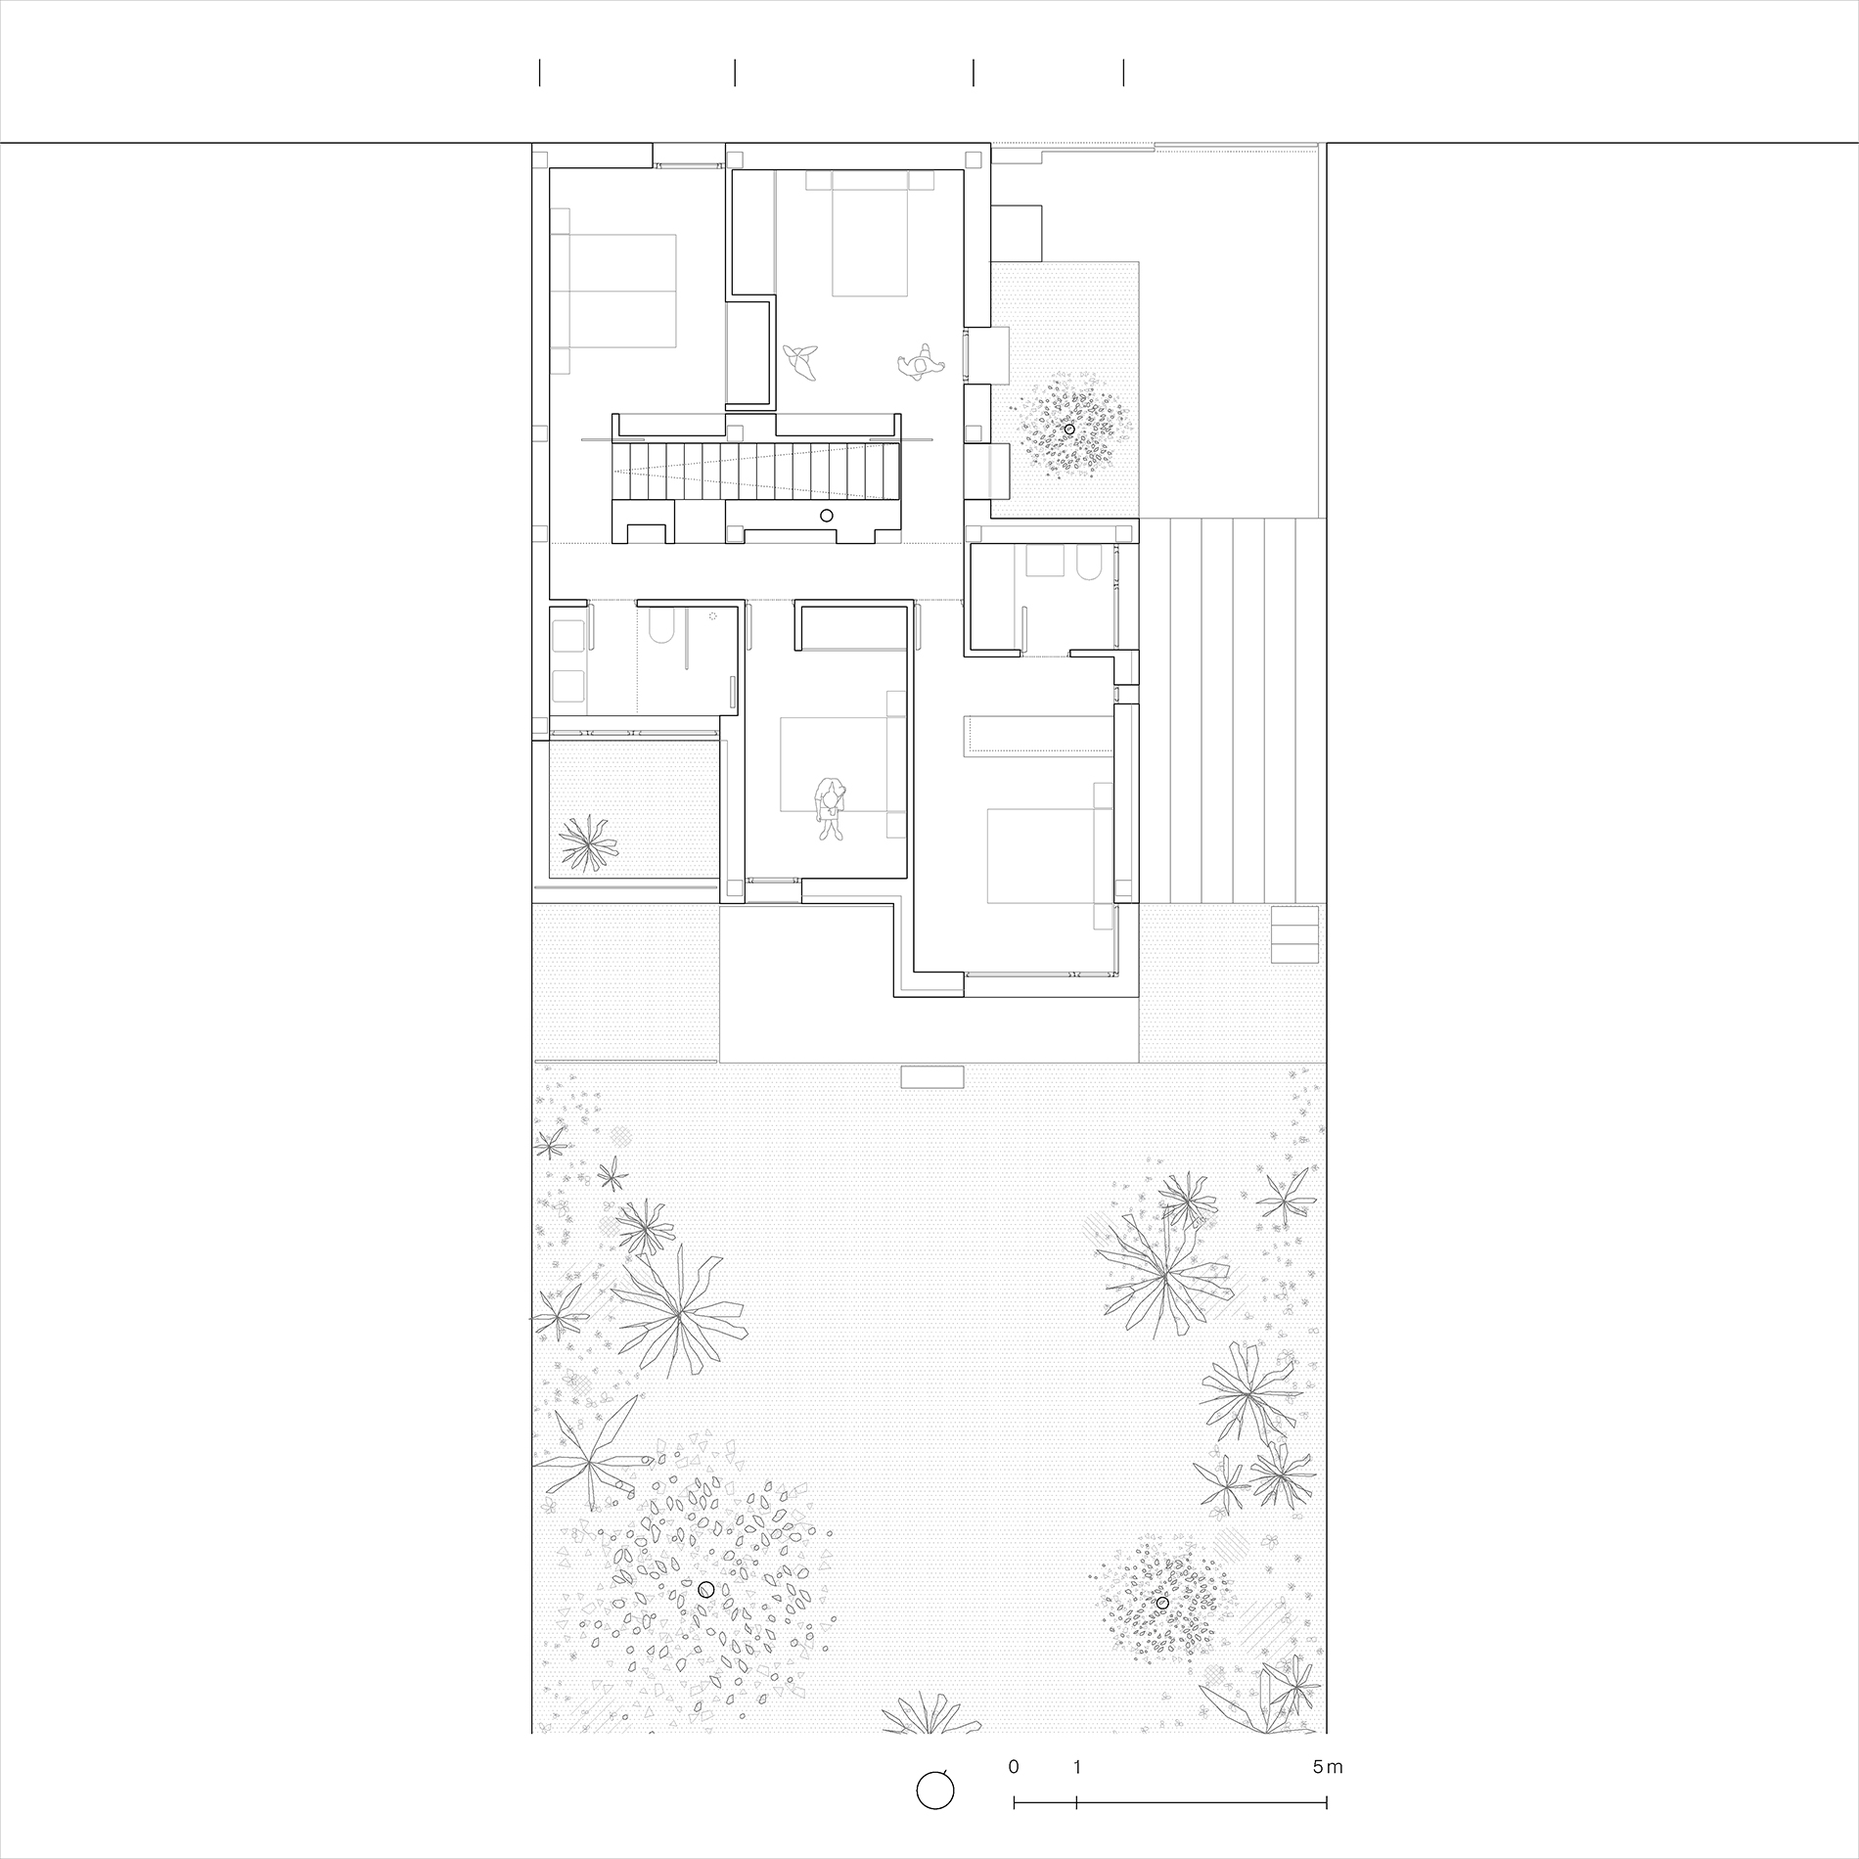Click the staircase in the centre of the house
[x=755, y=470]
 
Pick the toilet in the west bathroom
[x=659, y=625]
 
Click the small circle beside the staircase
[x=826, y=516]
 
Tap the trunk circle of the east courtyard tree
[x=1069, y=430]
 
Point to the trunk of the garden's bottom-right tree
[x=1162, y=1603]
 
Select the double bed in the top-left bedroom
[x=613, y=291]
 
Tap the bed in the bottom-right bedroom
[x=1050, y=855]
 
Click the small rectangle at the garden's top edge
[x=932, y=1077]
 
